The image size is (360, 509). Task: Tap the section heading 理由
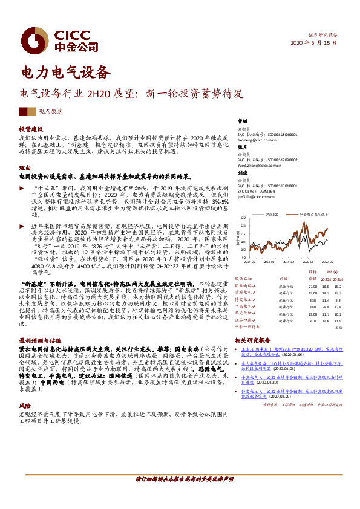tap(24, 167)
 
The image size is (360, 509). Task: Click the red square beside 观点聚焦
tap(23, 112)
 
